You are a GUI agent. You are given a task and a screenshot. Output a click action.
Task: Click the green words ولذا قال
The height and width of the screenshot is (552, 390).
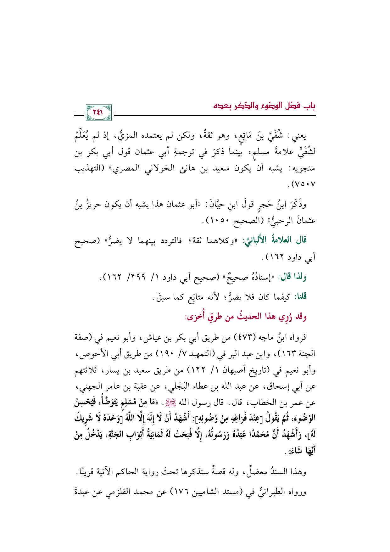tap(294, 277)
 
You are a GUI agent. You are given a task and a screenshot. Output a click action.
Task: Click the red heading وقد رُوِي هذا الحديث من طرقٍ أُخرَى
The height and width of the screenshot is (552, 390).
tap(246, 316)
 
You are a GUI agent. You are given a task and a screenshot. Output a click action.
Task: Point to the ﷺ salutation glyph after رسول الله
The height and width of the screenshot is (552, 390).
tap(183, 403)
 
